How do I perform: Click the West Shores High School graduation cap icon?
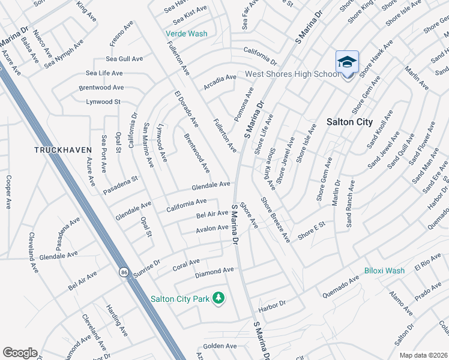coord(348,62)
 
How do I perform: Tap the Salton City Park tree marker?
coord(219,298)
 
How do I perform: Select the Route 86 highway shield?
coord(123,271)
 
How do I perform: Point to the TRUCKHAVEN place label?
coord(62,149)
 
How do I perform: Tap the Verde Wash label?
coord(187,34)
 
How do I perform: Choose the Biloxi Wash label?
coord(384,271)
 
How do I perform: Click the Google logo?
coord(20,353)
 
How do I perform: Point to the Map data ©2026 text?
coord(423,355)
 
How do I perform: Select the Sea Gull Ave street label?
coord(124,59)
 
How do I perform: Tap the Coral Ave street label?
coord(186,263)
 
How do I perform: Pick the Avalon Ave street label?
coord(212,229)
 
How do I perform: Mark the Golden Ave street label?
coord(220,346)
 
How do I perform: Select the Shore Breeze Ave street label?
coord(276,220)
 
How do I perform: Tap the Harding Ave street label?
coord(116,319)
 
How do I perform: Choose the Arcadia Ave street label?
coord(220,82)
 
